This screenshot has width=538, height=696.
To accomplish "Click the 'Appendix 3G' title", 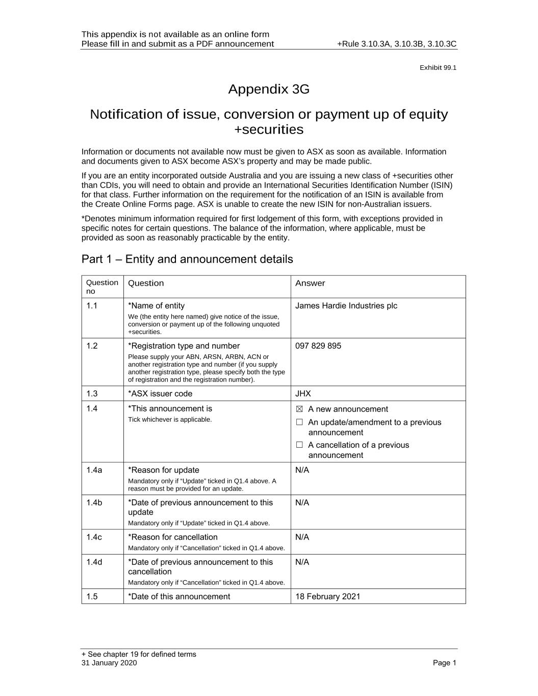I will click(x=269, y=89).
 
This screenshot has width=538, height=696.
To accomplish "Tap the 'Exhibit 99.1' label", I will click(x=438, y=68).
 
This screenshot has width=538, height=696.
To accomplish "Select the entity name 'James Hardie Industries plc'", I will click(x=346, y=306).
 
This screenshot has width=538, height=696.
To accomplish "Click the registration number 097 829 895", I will click(x=318, y=346).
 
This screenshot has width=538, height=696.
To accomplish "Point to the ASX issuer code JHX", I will click(x=303, y=394).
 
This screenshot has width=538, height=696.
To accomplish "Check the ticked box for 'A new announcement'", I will click(x=299, y=409).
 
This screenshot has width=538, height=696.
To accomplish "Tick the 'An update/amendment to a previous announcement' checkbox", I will click(x=299, y=422).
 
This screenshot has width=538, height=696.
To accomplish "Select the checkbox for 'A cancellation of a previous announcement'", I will click(x=299, y=445).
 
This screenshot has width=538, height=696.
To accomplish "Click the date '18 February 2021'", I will click(x=327, y=597).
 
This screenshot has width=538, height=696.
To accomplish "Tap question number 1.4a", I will click(x=94, y=470).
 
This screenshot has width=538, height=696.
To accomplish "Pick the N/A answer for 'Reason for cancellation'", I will click(x=302, y=537).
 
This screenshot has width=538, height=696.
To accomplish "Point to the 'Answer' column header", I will click(x=310, y=283).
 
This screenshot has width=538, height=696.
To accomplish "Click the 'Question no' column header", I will click(x=101, y=287).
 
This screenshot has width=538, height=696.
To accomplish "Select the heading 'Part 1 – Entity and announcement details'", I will click(x=187, y=259).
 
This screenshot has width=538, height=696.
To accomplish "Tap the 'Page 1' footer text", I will click(x=444, y=663).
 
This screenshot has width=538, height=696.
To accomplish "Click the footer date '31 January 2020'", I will click(x=109, y=663).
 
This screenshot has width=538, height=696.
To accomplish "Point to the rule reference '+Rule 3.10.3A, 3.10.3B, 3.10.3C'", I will click(x=397, y=44).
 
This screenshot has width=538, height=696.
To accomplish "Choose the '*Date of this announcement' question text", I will click(x=179, y=597).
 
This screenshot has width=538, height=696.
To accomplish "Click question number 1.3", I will click(x=92, y=394).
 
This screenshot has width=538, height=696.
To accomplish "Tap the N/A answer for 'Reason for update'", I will click(x=302, y=470).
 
